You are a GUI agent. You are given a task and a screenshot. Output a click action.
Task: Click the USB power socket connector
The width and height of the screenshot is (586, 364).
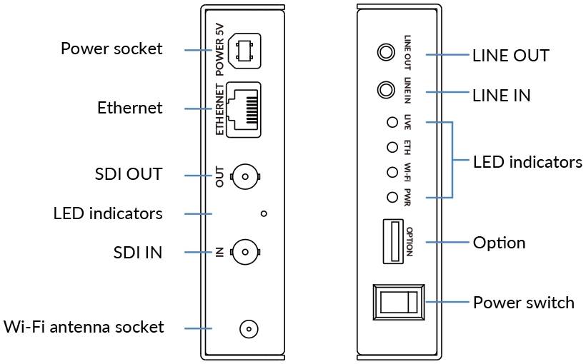click(x=244, y=51)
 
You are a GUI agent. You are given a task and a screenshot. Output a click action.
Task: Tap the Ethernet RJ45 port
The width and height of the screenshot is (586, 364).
click(x=244, y=110)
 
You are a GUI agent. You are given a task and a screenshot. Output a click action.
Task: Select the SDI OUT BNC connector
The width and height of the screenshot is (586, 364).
click(x=245, y=176)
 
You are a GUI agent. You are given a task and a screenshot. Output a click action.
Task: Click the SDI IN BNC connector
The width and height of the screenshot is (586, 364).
click(x=245, y=252)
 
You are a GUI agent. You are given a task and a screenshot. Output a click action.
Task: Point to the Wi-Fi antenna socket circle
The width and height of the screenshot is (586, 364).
click(x=249, y=329)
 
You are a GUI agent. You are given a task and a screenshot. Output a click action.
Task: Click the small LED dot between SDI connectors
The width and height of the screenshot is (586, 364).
click(x=264, y=213)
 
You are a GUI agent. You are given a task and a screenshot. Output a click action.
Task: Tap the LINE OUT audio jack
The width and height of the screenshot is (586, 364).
click(x=386, y=52)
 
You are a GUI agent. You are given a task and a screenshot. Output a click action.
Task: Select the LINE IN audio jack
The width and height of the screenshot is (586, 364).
click(x=386, y=90)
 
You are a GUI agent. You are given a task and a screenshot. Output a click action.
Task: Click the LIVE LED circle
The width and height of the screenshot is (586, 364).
click(x=392, y=122)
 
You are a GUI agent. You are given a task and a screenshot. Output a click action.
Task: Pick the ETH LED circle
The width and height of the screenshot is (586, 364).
click(x=392, y=147)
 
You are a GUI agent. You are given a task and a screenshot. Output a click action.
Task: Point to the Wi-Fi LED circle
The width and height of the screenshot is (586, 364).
click(x=392, y=172)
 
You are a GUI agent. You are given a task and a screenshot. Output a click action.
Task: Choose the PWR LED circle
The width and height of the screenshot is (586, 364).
click(x=392, y=197)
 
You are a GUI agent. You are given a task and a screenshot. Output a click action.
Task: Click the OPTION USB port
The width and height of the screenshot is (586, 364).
click(x=393, y=241)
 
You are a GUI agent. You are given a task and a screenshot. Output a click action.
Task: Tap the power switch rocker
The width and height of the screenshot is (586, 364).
click(x=399, y=302)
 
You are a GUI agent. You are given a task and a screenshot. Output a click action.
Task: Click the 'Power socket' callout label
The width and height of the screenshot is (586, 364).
click(x=111, y=49)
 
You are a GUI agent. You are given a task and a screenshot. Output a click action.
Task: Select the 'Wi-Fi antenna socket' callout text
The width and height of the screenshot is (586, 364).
click(x=84, y=327)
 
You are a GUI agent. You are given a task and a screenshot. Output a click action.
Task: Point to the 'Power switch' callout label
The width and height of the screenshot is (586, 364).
click(x=524, y=303)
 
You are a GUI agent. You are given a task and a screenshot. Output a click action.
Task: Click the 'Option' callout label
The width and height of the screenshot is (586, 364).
click(x=500, y=243)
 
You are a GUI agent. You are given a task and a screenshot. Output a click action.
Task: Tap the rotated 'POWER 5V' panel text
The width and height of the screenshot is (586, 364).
click(x=219, y=50)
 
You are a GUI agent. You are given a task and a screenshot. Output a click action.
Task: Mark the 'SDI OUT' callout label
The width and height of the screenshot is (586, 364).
click(x=129, y=174)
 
